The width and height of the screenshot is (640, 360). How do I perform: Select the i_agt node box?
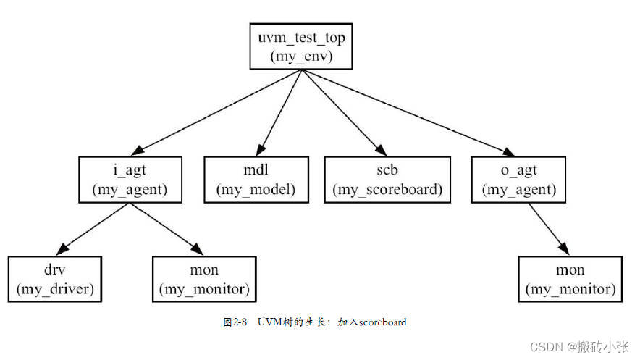click(x=130, y=179)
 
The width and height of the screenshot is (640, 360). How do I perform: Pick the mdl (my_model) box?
click(x=256, y=179)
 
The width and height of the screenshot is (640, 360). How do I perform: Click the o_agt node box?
click(x=518, y=179)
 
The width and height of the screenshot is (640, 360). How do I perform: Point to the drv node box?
click(x=55, y=278)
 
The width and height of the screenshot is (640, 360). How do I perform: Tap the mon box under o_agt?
click(x=570, y=278)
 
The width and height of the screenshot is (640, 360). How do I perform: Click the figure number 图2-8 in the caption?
click(x=235, y=322)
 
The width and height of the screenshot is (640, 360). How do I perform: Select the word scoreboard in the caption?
click(x=384, y=322)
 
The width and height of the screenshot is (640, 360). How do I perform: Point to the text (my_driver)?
click(x=55, y=289)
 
